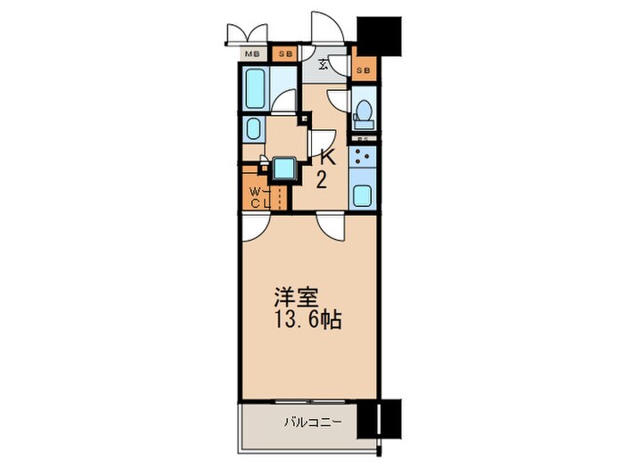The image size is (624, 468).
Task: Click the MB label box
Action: pos(254,54)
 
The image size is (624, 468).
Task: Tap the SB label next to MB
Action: pos(285,54)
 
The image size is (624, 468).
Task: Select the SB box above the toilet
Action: pos(364,69)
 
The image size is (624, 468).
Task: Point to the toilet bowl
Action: pos(364,112)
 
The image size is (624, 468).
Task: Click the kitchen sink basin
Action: pos(364,195)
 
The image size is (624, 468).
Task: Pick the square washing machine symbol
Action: pos(283,168)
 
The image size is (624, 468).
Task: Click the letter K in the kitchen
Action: pos(327,159)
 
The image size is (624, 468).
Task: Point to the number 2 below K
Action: pos(322,181)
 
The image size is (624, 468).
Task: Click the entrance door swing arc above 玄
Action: pos(322,26)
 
